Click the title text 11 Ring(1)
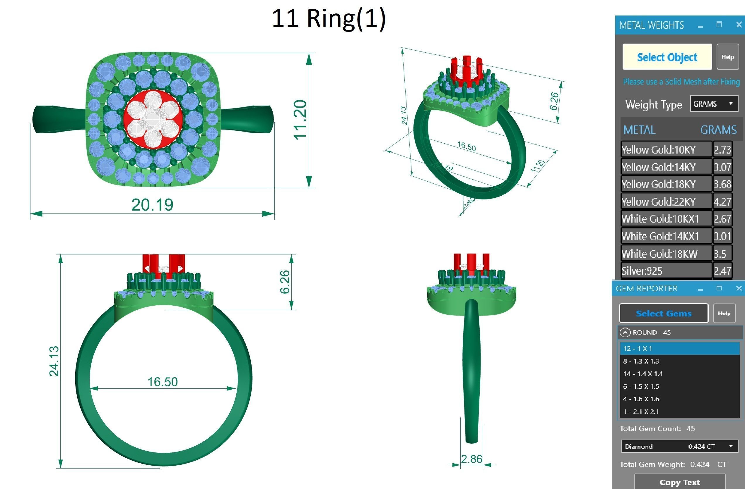click(329, 19)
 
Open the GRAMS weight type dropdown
click(714, 104)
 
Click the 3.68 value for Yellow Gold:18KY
click(722, 184)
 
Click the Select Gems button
click(663, 313)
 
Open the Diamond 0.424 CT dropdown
click(679, 447)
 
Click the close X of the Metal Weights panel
click(739, 25)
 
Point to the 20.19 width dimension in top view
click(152, 205)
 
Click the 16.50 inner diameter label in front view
click(163, 382)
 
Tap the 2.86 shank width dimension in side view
click(471, 459)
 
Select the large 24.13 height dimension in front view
click(54, 361)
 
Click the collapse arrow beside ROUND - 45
click(625, 332)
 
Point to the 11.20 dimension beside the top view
click(300, 119)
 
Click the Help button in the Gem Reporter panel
click(724, 313)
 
